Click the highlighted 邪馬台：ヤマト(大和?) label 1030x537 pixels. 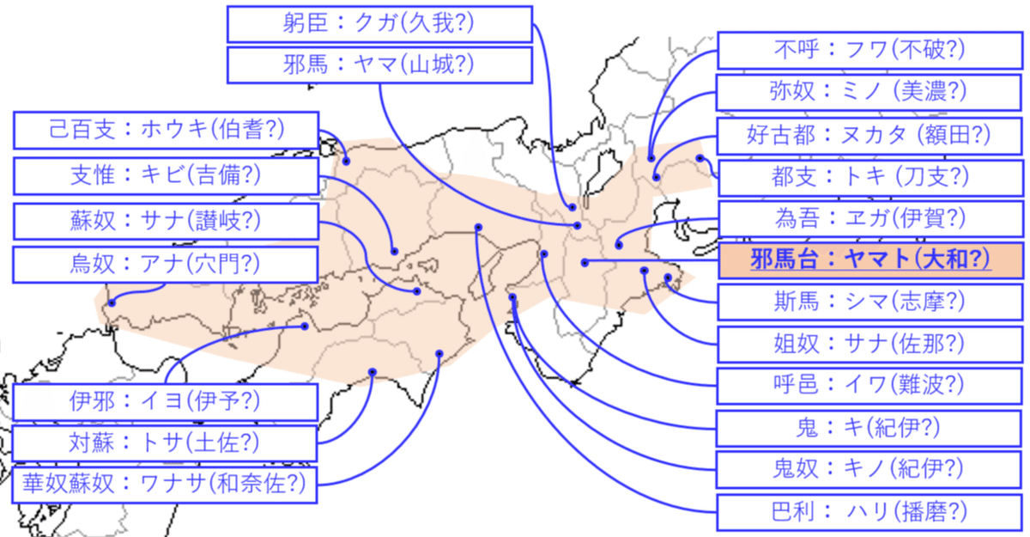pyautogui.click(x=870, y=260)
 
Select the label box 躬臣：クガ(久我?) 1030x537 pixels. pyautogui.click(x=379, y=24)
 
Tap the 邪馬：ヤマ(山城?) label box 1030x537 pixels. pyautogui.click(x=379, y=65)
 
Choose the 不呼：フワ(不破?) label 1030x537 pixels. pyautogui.click(x=869, y=51)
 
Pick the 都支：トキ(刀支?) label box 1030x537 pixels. pyautogui.click(x=870, y=178)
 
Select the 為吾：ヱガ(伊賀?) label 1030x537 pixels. pyautogui.click(x=870, y=218)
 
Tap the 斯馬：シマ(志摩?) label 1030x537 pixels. pyautogui.click(x=869, y=302)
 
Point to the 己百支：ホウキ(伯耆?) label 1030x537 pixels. pyautogui.click(x=166, y=131)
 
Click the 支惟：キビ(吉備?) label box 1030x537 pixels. pyautogui.click(x=166, y=176)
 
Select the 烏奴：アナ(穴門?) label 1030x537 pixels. pyautogui.click(x=166, y=265)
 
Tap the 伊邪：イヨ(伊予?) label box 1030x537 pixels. pyautogui.click(x=165, y=402)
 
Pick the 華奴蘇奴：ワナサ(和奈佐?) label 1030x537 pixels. pyautogui.click(x=165, y=485)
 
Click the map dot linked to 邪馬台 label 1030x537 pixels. pyautogui.click(x=585, y=263)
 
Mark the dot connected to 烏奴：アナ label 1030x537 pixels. pyautogui.click(x=112, y=302)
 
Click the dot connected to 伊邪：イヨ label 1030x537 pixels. pyautogui.click(x=305, y=326)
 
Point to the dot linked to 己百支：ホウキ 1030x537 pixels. pyautogui.click(x=346, y=161)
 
